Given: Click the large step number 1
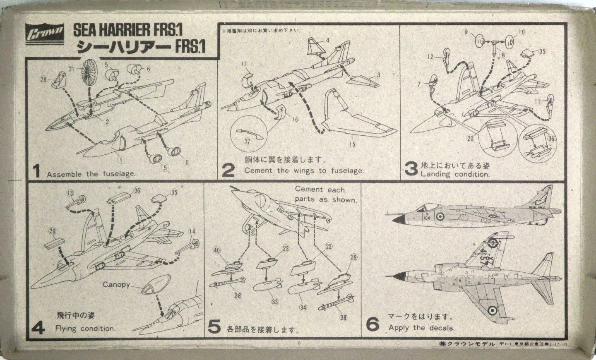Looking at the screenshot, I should point(36,171).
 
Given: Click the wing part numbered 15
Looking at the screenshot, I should point(352,120).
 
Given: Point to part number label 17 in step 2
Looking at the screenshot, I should point(243,64).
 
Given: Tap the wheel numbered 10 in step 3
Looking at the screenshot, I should point(509,42).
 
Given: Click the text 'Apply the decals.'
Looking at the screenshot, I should point(421,328).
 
